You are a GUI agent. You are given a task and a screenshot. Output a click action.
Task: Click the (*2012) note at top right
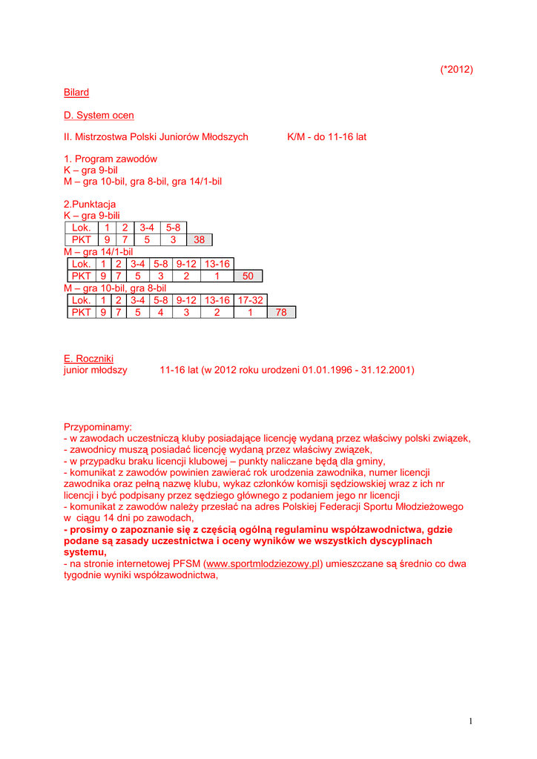point(456,70)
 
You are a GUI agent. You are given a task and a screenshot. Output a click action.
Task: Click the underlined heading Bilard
point(76,93)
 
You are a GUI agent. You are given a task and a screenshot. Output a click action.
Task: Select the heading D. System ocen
point(99,115)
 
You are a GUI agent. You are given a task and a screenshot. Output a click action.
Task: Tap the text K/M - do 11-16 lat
point(326,137)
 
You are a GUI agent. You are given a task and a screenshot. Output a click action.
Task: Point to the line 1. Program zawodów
point(111,159)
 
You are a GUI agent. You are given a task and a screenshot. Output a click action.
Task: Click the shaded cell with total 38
point(200,240)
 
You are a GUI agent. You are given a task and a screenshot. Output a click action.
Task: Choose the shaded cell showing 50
point(248,276)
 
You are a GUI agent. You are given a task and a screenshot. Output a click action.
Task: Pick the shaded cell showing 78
point(281,313)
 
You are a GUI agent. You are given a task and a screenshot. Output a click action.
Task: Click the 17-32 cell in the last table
point(251,300)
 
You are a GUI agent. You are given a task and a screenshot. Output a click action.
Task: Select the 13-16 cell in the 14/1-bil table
point(217,264)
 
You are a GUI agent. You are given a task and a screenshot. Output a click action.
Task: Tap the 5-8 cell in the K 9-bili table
point(173,228)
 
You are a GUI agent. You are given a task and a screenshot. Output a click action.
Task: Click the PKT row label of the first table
point(81,240)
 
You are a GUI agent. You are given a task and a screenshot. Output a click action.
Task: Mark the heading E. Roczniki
point(89,359)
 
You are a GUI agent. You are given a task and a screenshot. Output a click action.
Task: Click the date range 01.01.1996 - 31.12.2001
point(358,370)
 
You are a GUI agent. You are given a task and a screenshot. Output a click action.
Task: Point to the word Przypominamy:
point(98,427)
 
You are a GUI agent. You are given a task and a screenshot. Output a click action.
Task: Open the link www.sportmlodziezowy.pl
point(264,564)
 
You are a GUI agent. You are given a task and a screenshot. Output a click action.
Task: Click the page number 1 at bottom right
point(470,721)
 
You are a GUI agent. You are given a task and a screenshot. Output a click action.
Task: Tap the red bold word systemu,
point(85,552)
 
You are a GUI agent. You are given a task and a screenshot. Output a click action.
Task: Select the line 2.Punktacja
point(90,205)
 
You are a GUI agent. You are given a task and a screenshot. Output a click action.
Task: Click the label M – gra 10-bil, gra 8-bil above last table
point(115,288)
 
